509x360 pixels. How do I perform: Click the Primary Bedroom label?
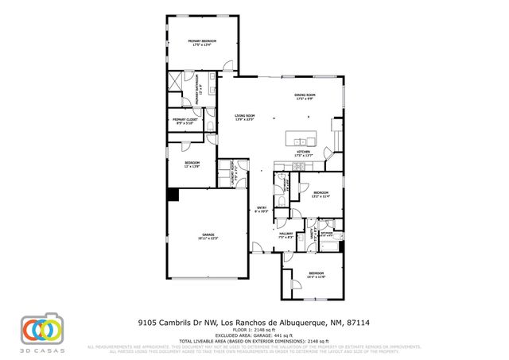coord(202,43)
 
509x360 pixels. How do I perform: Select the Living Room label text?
coord(243,118)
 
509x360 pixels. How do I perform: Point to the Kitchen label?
coord(302,153)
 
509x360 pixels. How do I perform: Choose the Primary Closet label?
coord(183,122)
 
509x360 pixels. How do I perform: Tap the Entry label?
coord(259,211)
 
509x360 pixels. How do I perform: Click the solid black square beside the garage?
coord(173,194)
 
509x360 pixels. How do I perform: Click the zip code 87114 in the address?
coord(359,323)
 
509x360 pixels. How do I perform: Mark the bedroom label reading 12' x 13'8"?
coord(192,165)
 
